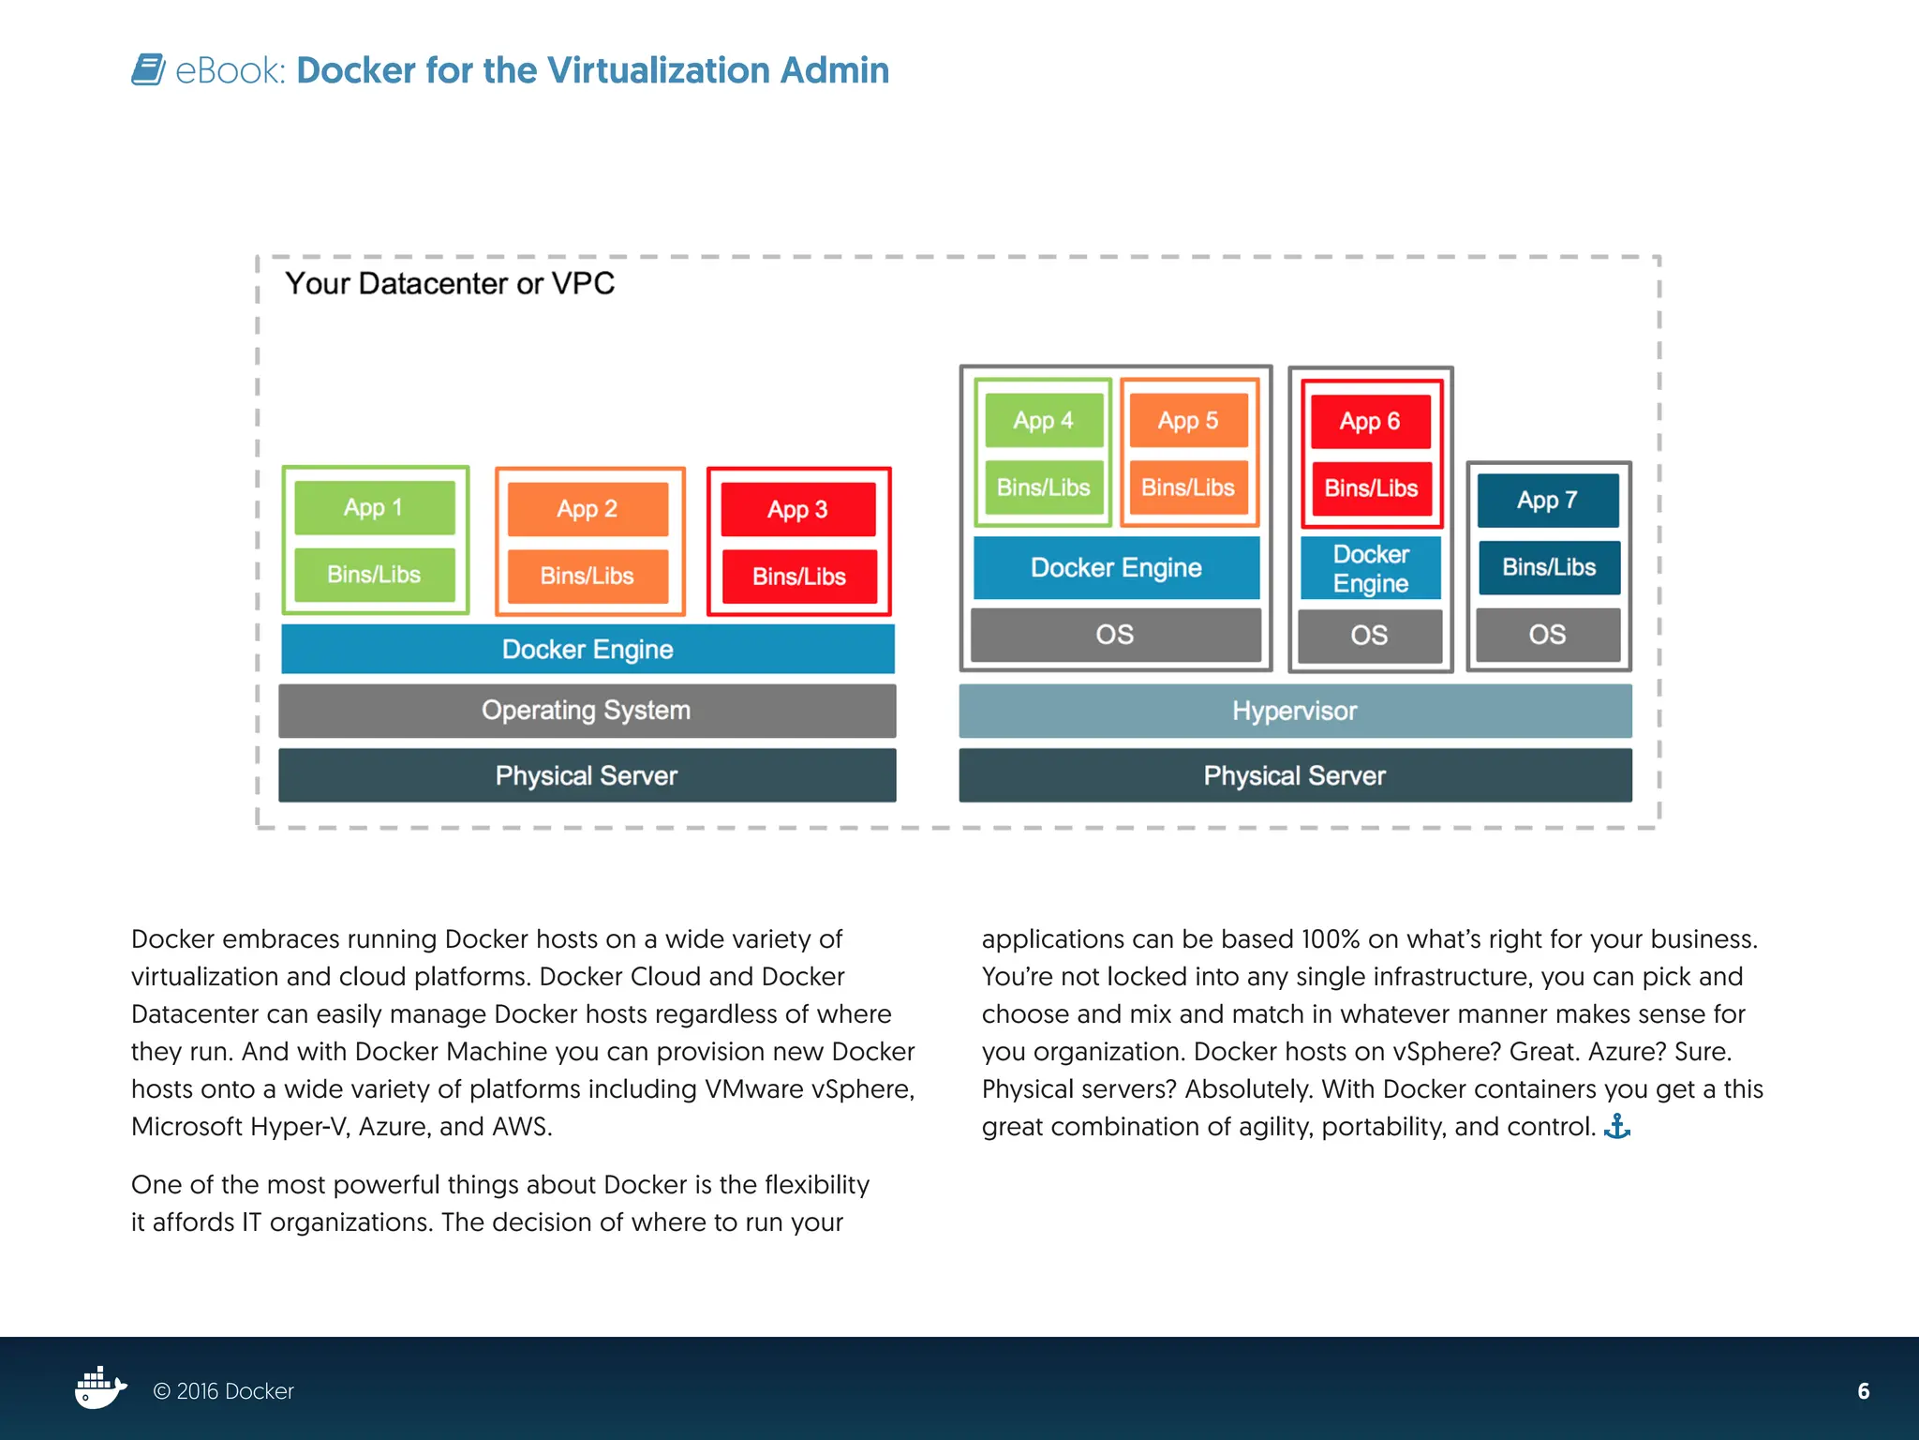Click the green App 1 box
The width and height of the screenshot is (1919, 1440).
[374, 507]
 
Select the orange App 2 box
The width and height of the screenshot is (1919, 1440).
[588, 508]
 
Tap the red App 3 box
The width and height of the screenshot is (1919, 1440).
[798, 509]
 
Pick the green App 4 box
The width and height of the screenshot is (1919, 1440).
[1043, 420]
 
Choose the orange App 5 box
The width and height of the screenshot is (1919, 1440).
[1188, 420]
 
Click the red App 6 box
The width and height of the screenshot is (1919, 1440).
[1370, 421]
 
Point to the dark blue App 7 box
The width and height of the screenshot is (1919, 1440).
[1548, 500]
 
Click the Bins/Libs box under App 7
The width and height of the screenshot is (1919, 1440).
[1549, 567]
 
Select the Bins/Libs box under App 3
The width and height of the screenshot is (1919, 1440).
[798, 576]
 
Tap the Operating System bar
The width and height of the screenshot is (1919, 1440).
[587, 711]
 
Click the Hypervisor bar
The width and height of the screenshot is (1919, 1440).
[1295, 711]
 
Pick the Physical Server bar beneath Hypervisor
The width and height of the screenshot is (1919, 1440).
[1295, 775]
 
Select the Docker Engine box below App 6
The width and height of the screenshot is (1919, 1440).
[1371, 568]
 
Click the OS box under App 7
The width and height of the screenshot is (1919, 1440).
[1548, 635]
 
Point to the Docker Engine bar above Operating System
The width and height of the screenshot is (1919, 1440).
[588, 649]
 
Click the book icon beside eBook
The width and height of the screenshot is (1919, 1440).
[148, 69]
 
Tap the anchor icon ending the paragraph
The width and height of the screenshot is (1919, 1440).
[1617, 1126]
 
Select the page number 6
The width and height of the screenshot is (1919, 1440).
[1863, 1391]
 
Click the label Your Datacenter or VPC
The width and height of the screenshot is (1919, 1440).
[450, 283]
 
